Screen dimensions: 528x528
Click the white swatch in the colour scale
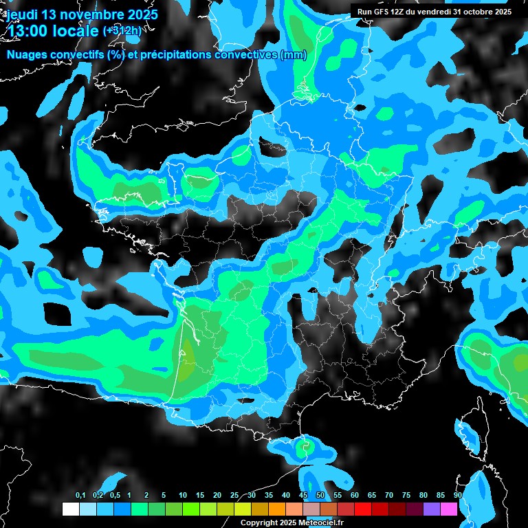point(70,509)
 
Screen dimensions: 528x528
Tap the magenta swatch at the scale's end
point(448,509)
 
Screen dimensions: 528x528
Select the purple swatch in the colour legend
point(431,509)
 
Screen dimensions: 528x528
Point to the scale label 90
point(457,496)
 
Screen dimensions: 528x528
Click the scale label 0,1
point(80,496)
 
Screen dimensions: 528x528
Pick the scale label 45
point(303,496)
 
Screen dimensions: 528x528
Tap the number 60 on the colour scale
point(355,496)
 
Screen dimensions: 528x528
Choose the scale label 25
point(234,496)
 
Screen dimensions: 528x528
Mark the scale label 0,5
point(115,496)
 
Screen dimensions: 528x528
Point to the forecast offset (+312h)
point(122,31)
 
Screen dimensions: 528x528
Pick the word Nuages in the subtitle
point(25,55)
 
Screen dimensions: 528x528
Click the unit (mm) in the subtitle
point(294,55)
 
